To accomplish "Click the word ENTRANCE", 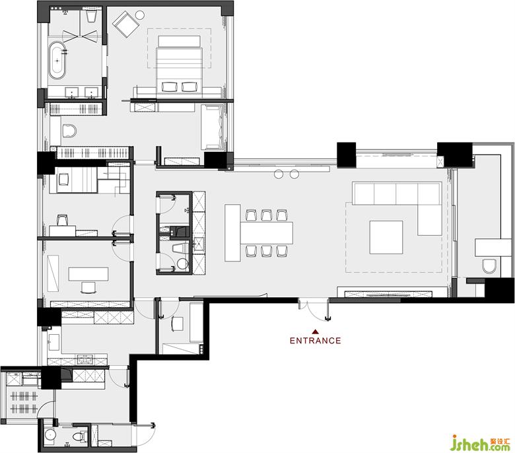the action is (x=316, y=340).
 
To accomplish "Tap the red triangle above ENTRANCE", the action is (x=316, y=331).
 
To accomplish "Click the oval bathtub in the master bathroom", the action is (x=57, y=61).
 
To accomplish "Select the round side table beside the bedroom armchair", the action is (x=140, y=15).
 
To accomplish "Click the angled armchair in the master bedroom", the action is (x=125, y=24).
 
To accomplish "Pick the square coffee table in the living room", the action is (x=386, y=237).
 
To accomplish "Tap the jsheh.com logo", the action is (x=480, y=443).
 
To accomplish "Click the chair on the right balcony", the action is (x=489, y=265).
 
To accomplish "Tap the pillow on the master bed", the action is (x=179, y=41).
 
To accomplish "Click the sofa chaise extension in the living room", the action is (x=430, y=219).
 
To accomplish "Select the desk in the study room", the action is (x=88, y=274).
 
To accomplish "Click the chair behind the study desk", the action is (x=88, y=287).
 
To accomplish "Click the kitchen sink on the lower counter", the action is (x=85, y=359).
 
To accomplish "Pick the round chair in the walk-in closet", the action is (x=69, y=131).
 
